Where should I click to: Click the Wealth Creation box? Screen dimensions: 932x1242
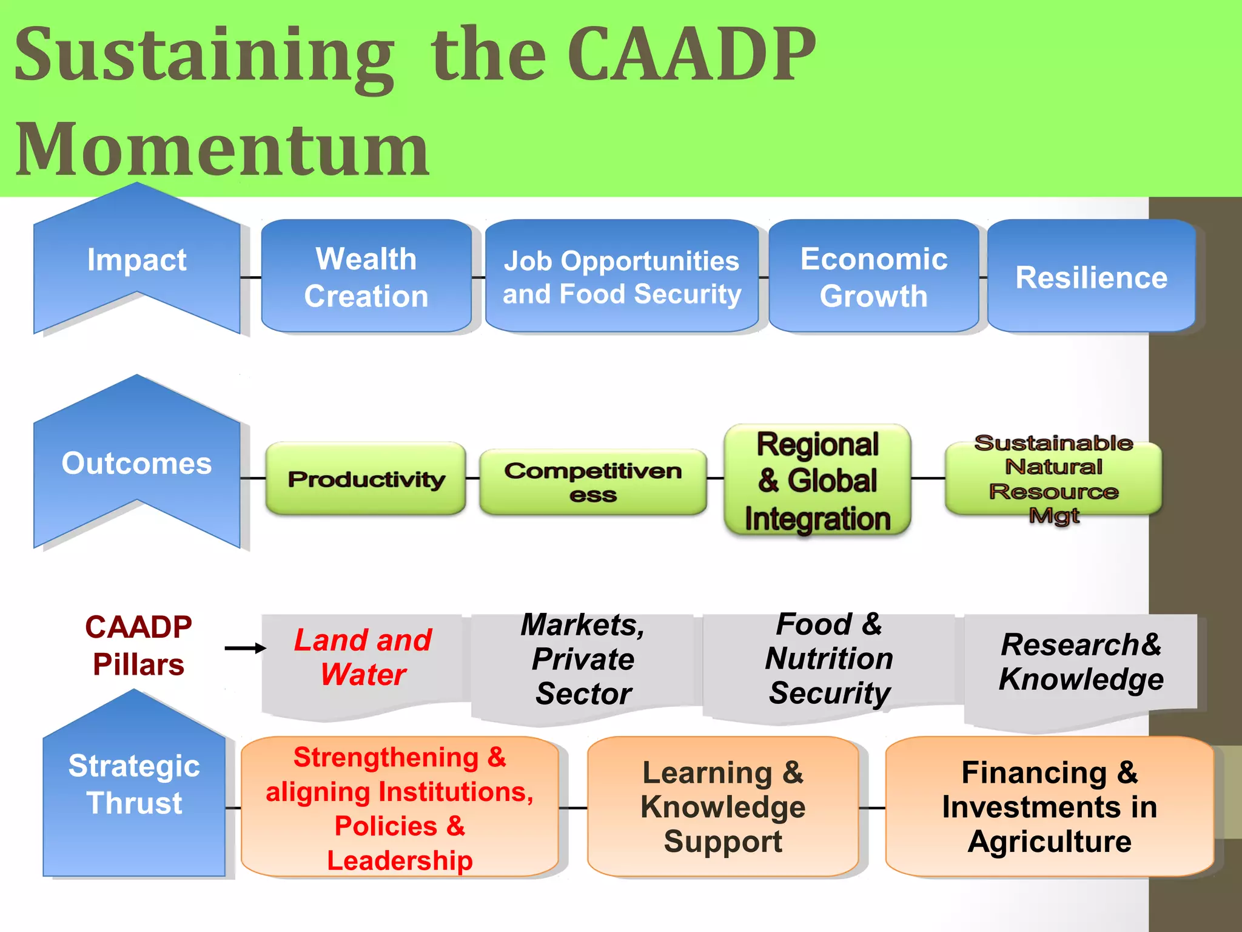pos(366,277)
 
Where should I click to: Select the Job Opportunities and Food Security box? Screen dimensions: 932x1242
pos(622,277)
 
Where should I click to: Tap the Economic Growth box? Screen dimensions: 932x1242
pos(873,277)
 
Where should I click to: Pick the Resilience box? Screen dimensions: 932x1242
pos(1091,277)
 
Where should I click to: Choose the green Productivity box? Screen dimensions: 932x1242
pos(366,479)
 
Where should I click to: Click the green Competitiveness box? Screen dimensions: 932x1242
pos(592,482)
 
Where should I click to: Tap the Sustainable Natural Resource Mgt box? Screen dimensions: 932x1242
pos(1053,479)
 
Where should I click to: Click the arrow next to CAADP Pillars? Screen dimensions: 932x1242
pos(245,648)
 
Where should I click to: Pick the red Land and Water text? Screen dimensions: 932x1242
pos(363,657)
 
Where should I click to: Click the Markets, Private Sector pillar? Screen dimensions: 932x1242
pos(583,660)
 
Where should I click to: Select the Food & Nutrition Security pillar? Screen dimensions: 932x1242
pos(829,660)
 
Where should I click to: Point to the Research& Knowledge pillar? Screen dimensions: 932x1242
pos(1081,662)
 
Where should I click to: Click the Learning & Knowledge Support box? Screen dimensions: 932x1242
pos(723,807)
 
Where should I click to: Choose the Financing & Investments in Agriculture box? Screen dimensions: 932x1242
pos(1049,807)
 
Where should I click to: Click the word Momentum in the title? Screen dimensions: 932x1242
pos(222,149)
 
